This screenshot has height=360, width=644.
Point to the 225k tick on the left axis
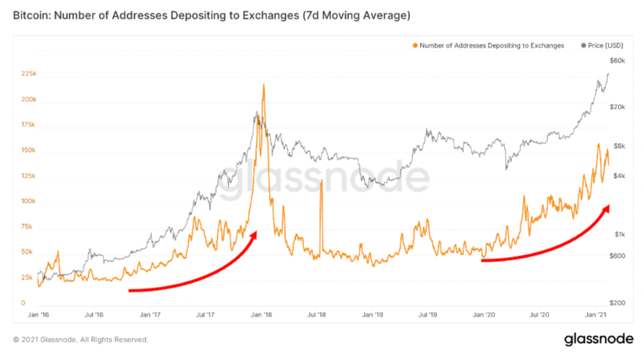pos(28,75)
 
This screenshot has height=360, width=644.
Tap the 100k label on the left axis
pos(28,201)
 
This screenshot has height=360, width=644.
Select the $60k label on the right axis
pos(617,61)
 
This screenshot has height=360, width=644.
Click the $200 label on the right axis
pos(618,302)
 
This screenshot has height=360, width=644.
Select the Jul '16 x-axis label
pos(93,316)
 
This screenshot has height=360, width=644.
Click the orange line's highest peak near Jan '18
pos(264,85)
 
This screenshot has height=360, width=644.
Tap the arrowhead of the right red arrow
pos(606,206)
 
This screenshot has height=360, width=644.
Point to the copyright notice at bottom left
pos(80,340)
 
